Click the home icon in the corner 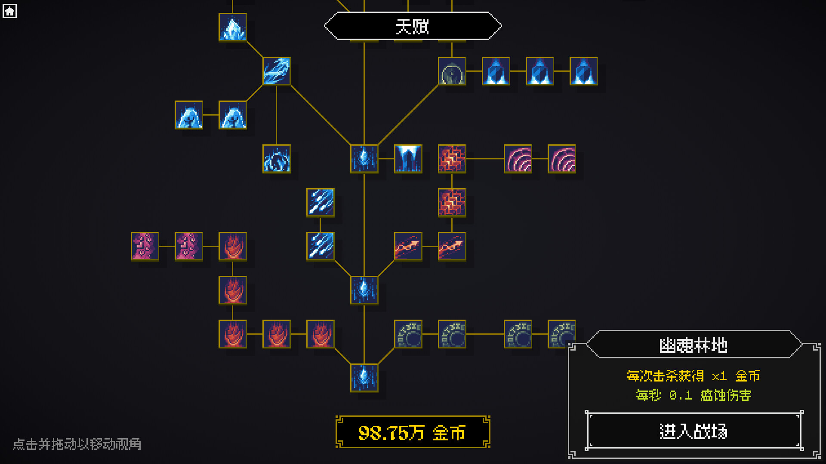point(9,11)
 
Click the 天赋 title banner point(413,26)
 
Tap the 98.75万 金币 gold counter point(413,432)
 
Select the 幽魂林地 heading point(693,345)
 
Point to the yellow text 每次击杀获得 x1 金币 point(693,376)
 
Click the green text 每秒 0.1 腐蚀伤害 point(693,395)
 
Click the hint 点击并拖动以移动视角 point(77,444)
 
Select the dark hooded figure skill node point(452,71)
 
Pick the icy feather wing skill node point(277,71)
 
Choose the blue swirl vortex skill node point(277,159)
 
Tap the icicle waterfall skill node point(408,159)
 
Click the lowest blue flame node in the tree point(364,378)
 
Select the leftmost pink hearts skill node point(145,247)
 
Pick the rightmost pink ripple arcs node point(562,159)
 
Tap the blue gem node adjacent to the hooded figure point(496,71)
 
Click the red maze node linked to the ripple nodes point(452,159)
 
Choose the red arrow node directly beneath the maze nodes point(452,247)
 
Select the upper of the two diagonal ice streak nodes point(321,203)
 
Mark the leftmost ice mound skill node point(189,115)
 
